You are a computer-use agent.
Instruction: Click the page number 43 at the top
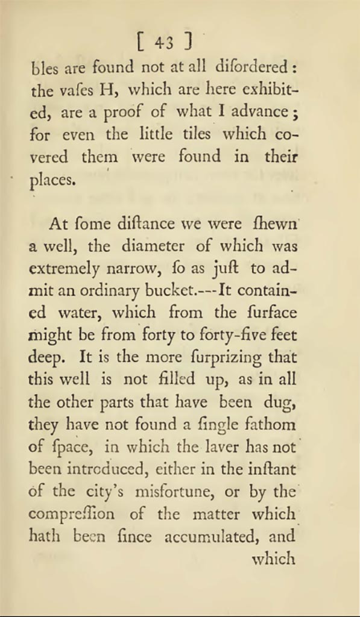point(163,42)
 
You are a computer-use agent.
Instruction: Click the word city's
point(106,492)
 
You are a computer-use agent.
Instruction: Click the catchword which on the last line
point(273,559)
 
